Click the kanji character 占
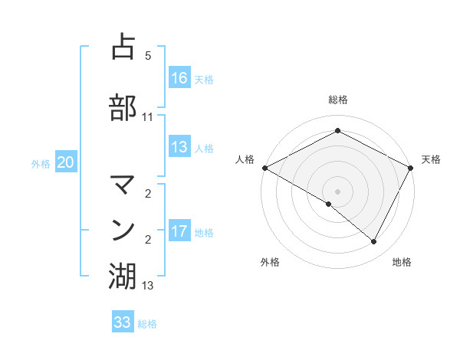(x=123, y=47)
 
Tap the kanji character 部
(x=123, y=107)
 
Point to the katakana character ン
(x=123, y=229)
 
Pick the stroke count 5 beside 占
(x=147, y=56)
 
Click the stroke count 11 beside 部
(x=147, y=117)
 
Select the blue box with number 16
(x=179, y=78)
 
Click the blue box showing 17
(x=179, y=231)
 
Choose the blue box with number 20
(x=66, y=162)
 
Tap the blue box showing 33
(x=123, y=322)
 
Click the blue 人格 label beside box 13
(x=204, y=149)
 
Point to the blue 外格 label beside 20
(x=41, y=163)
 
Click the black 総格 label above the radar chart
(x=337, y=100)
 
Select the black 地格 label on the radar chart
(x=402, y=263)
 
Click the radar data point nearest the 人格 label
(x=264, y=167)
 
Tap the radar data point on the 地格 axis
(x=374, y=242)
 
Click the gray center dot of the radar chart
(x=337, y=191)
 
